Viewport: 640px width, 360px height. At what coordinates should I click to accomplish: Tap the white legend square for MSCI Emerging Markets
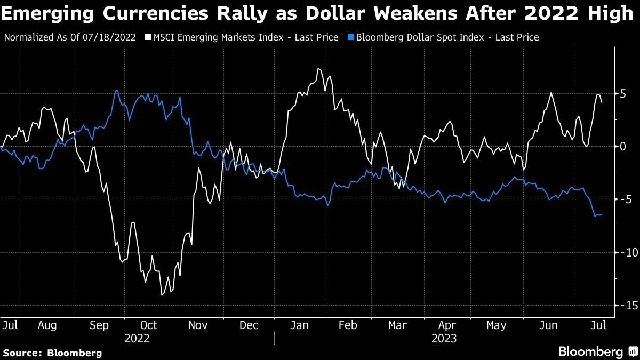tap(148, 37)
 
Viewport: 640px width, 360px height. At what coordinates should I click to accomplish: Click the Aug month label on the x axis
tap(48, 325)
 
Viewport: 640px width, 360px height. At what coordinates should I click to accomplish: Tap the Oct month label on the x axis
tap(148, 325)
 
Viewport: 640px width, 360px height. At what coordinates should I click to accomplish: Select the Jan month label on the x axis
tap(299, 325)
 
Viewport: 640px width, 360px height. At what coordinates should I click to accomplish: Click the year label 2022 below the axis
tap(137, 338)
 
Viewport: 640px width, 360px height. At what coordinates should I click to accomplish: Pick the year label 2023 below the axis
tap(444, 338)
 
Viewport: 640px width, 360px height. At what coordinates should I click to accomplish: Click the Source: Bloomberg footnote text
tap(52, 353)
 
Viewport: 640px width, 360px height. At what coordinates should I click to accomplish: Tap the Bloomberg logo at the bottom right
tap(597, 351)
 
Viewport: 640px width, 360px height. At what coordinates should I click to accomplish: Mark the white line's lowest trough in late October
tap(162, 295)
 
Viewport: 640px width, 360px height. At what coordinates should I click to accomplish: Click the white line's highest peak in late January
tap(318, 69)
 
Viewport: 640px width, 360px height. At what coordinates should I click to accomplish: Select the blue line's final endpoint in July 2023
tap(602, 215)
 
